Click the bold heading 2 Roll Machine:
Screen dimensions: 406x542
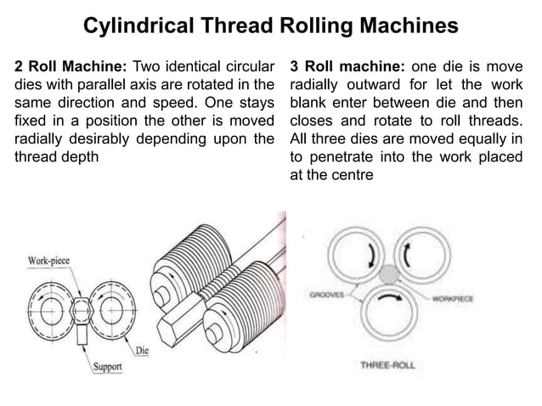pos(69,65)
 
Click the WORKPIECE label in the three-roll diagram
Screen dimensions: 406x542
pos(457,299)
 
